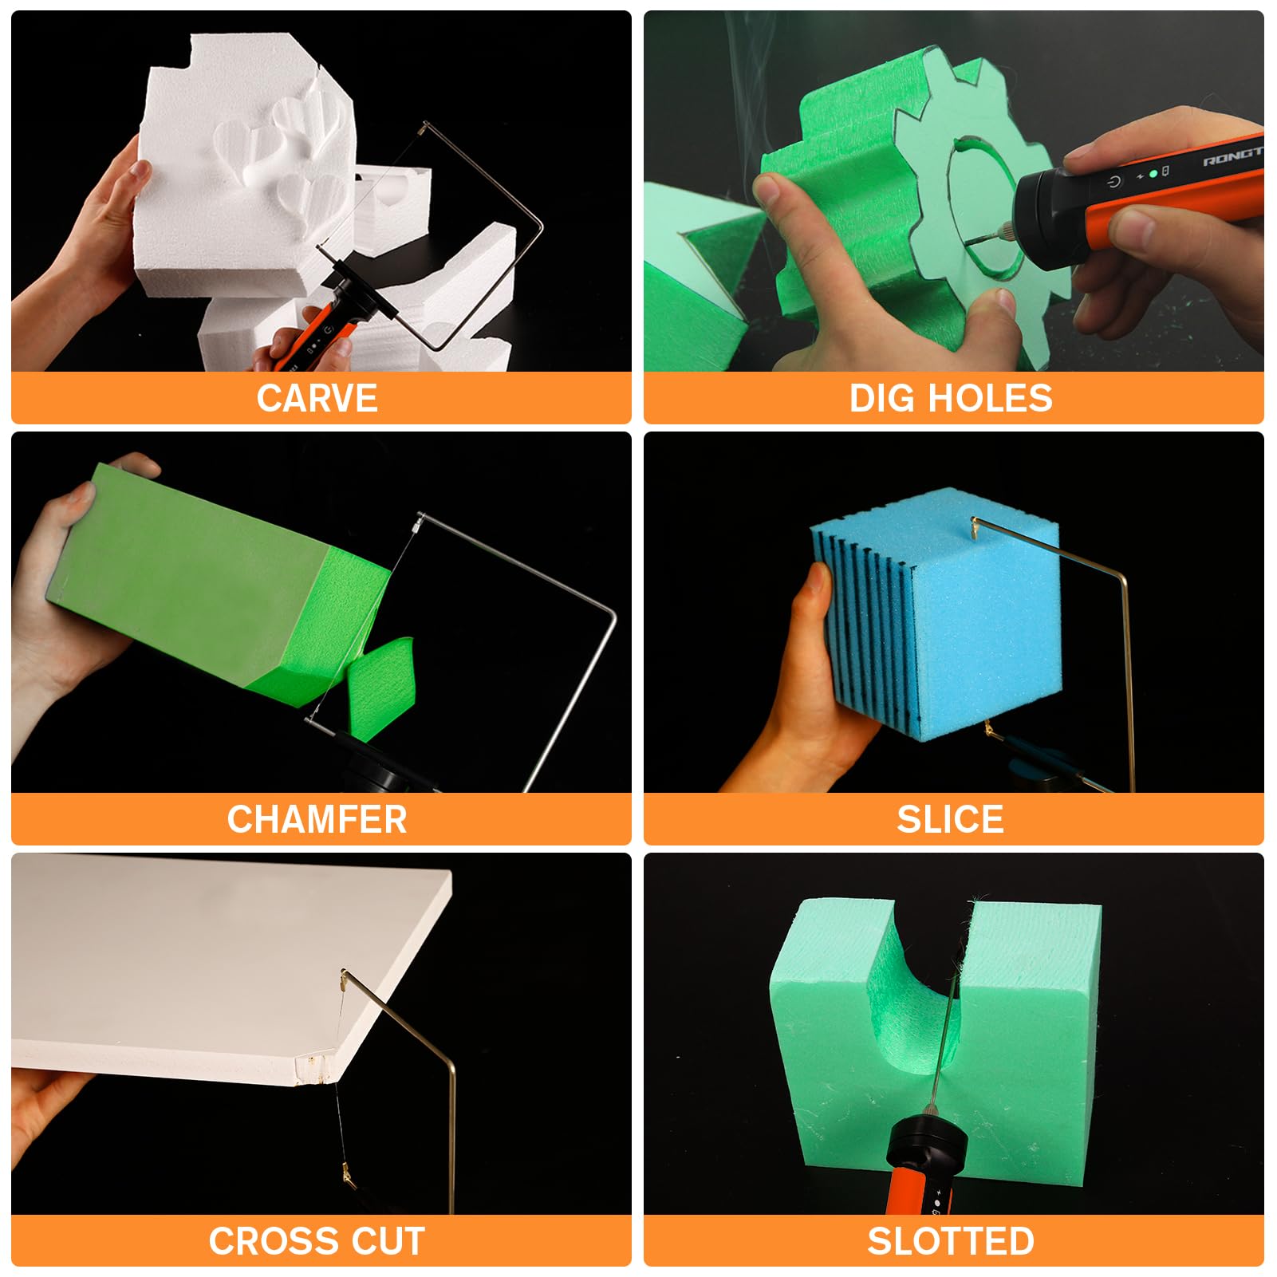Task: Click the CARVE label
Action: (x=317, y=398)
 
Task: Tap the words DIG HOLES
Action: (x=951, y=398)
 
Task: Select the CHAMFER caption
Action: (x=317, y=819)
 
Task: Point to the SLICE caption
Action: (x=951, y=819)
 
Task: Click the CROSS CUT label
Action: (x=317, y=1241)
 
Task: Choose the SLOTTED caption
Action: (x=951, y=1241)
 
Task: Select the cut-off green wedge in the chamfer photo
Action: (x=381, y=678)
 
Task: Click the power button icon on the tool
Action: (x=1114, y=182)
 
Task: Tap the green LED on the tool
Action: (x=1153, y=173)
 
